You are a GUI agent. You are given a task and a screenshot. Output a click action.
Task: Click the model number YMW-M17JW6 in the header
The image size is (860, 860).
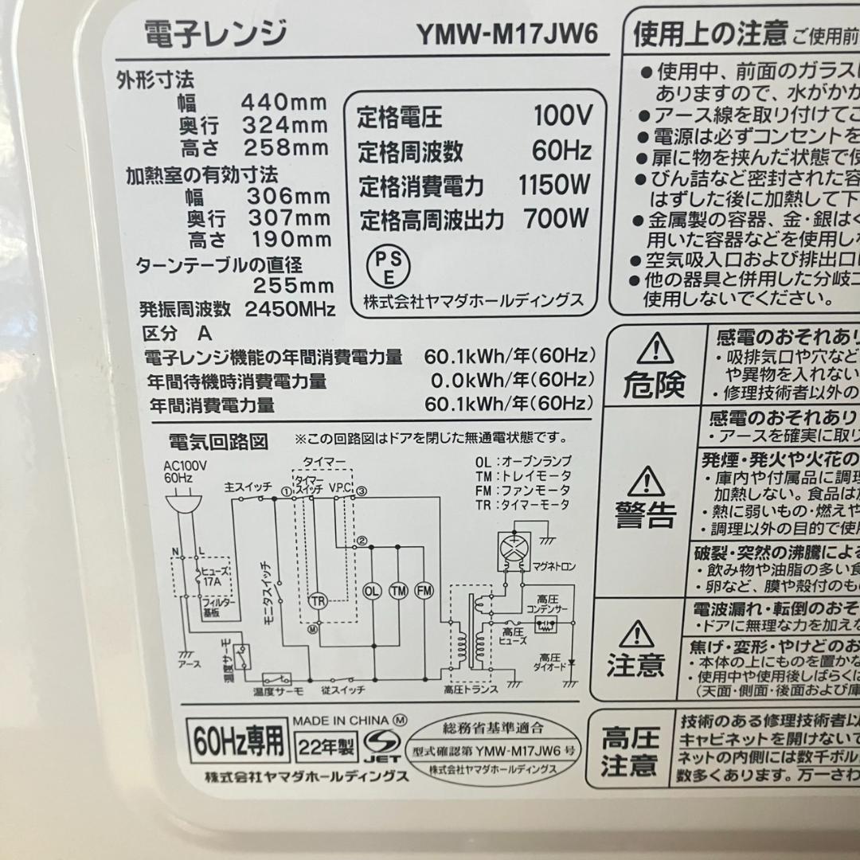pyautogui.click(x=506, y=34)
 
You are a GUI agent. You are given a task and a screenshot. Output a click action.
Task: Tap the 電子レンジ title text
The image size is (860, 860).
pyautogui.click(x=215, y=34)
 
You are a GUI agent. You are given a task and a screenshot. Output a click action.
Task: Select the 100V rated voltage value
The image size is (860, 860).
pyautogui.click(x=563, y=116)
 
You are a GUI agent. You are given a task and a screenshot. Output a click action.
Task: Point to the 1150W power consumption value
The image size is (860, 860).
pyautogui.click(x=554, y=186)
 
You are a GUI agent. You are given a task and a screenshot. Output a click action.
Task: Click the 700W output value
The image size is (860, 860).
pyautogui.click(x=557, y=217)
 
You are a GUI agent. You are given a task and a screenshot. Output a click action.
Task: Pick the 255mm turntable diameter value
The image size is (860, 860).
pyautogui.click(x=293, y=287)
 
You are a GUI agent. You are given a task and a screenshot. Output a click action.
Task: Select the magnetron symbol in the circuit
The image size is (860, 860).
pyautogui.click(x=513, y=550)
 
